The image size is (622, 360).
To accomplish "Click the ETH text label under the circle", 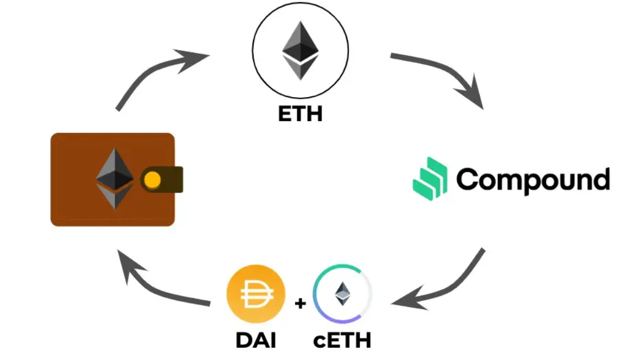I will coord(300,114).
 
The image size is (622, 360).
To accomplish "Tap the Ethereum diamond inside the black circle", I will coord(300,51).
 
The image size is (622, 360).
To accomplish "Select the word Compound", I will coord(533,180).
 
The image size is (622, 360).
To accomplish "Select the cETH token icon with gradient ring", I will coord(342,294).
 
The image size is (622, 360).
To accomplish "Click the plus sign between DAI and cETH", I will coord(300,303).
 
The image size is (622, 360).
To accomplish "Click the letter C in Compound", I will coord(468,180).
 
